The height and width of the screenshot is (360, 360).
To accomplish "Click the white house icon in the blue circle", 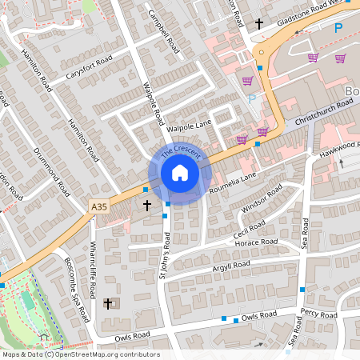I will point(180,173).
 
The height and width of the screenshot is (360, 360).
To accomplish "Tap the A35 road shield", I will point(98,207).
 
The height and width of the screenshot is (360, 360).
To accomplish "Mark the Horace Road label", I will point(256,242).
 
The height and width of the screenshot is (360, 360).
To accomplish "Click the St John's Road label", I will point(165,256).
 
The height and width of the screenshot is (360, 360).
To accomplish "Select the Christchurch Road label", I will point(324,110).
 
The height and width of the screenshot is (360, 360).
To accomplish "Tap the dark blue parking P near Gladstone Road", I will point(338,27).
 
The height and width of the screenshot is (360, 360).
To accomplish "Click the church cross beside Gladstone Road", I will point(259,24).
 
